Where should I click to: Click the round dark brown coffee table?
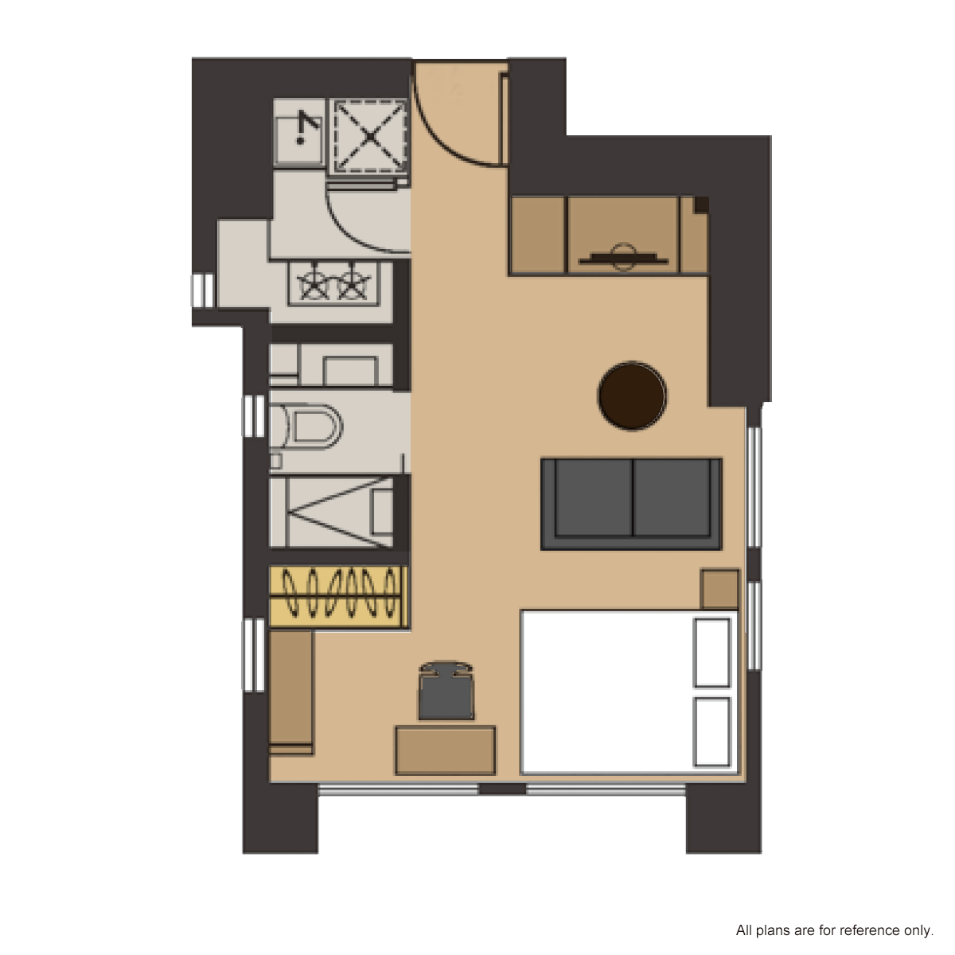pyautogui.click(x=632, y=396)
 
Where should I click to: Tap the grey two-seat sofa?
pyautogui.click(x=631, y=504)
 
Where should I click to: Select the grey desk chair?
pyautogui.click(x=446, y=690)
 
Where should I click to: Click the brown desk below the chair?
pyautogui.click(x=445, y=750)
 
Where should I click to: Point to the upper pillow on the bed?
pyautogui.click(x=712, y=653)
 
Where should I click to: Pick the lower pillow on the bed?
pyautogui.click(x=712, y=731)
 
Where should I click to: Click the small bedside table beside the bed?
pyautogui.click(x=719, y=589)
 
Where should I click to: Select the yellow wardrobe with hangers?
pyautogui.click(x=338, y=597)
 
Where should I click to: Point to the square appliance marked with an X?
pyautogui.click(x=370, y=136)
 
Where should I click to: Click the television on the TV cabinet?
pyautogui.click(x=623, y=258)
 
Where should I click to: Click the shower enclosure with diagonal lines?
pyautogui.click(x=331, y=512)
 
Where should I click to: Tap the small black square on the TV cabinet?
pyautogui.click(x=701, y=205)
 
